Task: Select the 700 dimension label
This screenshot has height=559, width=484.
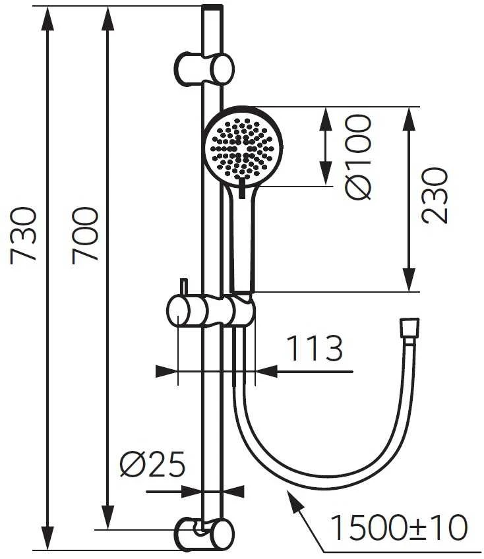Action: (x=85, y=235)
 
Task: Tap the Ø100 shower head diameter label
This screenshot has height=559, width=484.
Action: (x=358, y=157)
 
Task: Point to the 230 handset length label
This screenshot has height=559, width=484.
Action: (x=434, y=196)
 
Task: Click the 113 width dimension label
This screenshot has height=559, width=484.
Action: (x=315, y=348)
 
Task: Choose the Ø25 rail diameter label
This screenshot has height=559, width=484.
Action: (x=152, y=464)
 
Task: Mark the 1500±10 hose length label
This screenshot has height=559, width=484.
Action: (x=399, y=527)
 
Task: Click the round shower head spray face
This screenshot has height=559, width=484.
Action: (x=243, y=147)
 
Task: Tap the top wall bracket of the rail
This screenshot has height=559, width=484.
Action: (x=204, y=69)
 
